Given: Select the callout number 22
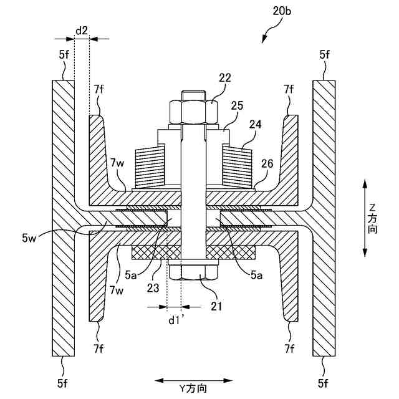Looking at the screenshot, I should tap(224, 77).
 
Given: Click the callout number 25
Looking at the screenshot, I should tap(236, 107).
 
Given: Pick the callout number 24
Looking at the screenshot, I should tap(256, 123).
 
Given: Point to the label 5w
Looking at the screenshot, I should tap(28, 237).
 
